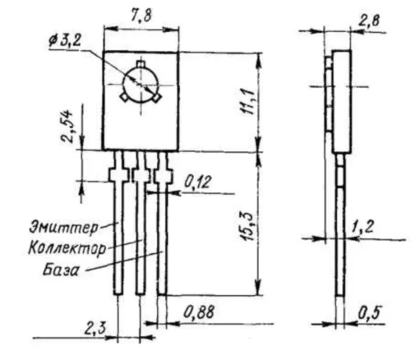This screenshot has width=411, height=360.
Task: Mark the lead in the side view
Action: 339,247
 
